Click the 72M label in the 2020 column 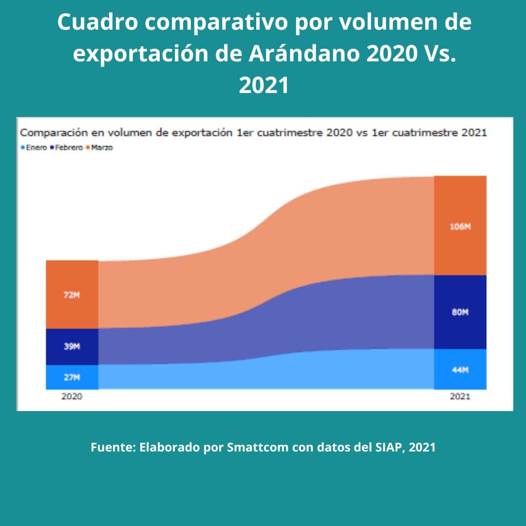point(72,295)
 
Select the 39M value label point(72,347)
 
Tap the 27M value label point(72,377)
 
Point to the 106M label point(460,226)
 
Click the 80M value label point(460,313)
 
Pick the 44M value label point(460,370)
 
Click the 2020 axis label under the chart point(72,396)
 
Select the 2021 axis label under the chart point(460,396)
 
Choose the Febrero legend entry point(68,148)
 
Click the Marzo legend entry point(101,148)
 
